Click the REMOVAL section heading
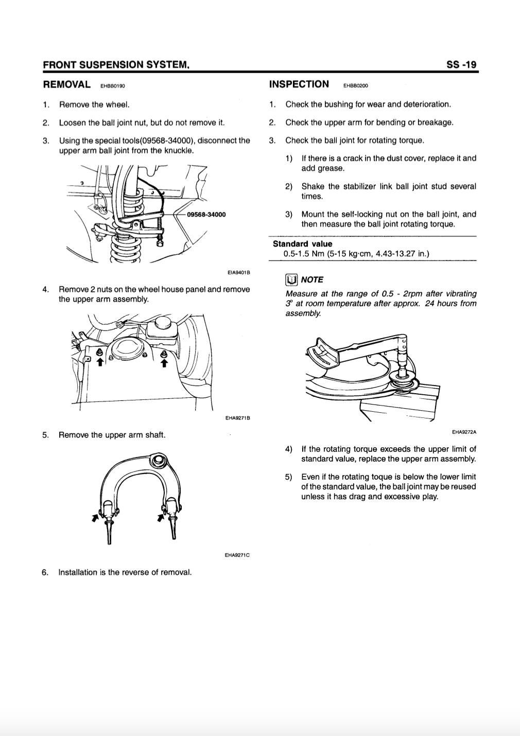click(67, 84)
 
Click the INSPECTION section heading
click(299, 84)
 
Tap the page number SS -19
click(461, 65)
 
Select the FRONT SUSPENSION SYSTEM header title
click(116, 65)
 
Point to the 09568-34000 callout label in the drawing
click(206, 214)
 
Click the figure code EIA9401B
click(238, 273)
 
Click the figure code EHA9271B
click(237, 418)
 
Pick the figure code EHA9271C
click(237, 555)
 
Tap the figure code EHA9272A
click(464, 432)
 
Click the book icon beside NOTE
click(291, 279)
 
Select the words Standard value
click(302, 244)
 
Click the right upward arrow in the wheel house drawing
click(164, 362)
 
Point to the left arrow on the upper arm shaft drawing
click(95, 517)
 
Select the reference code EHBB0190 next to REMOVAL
click(113, 86)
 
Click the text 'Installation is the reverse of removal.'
click(125, 572)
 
